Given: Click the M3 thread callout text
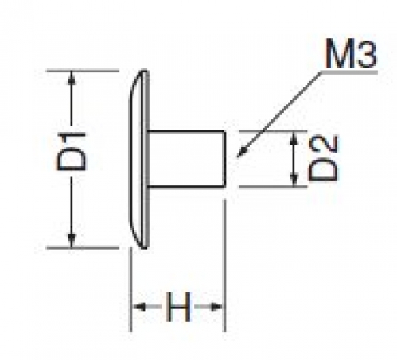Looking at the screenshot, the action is coord(351,53).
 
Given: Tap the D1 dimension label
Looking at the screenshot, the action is coord(71,152).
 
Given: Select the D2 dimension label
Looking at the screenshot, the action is coord(324,158).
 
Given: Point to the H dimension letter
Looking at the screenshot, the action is coord(178,307).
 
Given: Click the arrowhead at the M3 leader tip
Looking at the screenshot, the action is coord(241,153).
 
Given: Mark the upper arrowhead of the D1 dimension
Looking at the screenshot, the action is coord(71,77).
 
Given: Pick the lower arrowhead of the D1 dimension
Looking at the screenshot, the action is coord(71,241).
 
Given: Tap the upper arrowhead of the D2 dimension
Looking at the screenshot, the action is coord(294,137).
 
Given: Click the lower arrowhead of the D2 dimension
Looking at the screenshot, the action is coord(294,180).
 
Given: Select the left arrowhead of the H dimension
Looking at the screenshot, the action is coord(139,307).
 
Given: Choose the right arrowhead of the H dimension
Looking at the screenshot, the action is coord(217,307).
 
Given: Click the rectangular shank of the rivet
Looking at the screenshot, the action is coord(186,159).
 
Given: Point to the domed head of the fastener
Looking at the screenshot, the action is coord(139,159).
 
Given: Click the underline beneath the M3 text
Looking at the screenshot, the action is coord(349,72).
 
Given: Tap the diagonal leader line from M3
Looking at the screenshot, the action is coord(279,114).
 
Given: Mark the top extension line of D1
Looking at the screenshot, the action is coord(83,71).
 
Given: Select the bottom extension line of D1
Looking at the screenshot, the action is coord(83,248).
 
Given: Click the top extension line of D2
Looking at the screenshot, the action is coord(273,131).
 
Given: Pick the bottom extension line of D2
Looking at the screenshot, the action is coord(273,187).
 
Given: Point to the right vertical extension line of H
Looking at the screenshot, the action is coord(225,265).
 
